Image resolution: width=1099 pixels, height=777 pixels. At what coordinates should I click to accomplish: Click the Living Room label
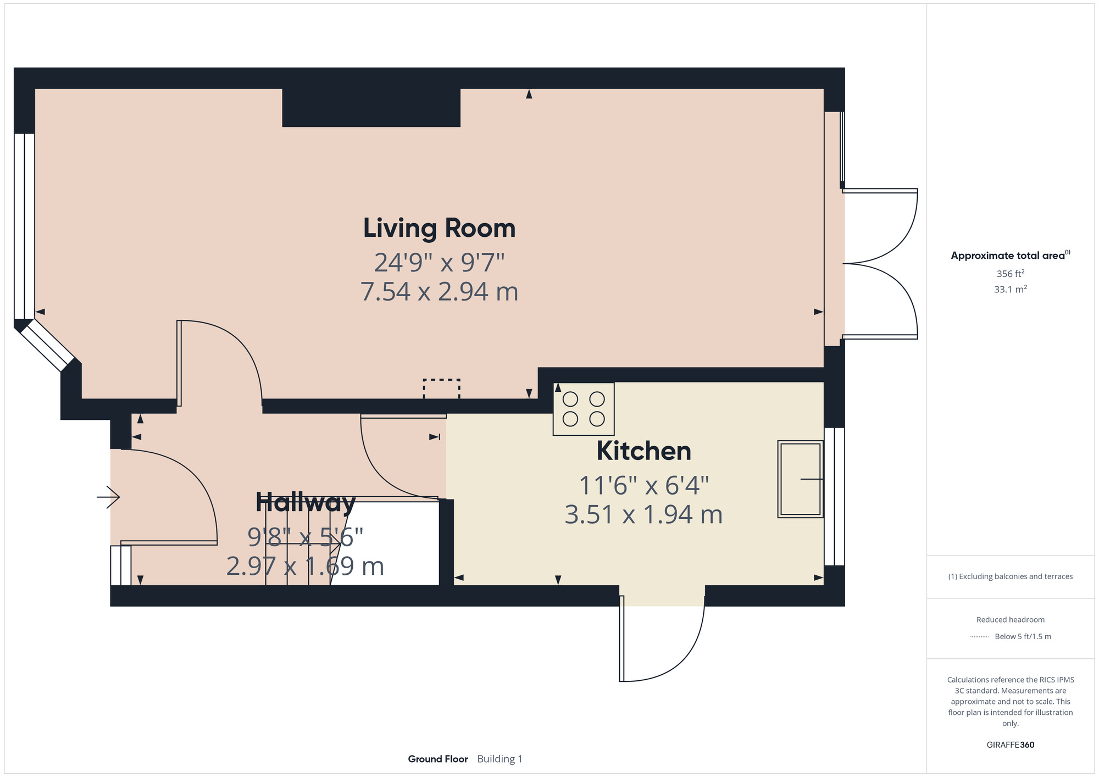[439, 228]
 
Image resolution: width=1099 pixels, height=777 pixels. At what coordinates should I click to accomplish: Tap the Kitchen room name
[643, 451]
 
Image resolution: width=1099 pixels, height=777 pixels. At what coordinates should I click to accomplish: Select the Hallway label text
[306, 502]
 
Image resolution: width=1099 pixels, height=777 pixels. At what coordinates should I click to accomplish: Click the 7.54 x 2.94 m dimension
[439, 291]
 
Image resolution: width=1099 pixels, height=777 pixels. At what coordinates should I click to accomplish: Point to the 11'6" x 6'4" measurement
[643, 485]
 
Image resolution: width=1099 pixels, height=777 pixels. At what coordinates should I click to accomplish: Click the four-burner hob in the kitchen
[584, 409]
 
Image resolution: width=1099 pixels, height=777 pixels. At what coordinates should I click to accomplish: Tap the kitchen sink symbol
[801, 479]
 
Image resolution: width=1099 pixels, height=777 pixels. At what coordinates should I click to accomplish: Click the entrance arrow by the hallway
[108, 497]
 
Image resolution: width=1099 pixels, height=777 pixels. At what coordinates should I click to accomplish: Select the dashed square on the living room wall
[441, 389]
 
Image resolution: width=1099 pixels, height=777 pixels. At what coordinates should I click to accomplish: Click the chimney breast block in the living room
[371, 108]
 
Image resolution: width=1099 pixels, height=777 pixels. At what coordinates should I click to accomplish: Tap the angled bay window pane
[47, 346]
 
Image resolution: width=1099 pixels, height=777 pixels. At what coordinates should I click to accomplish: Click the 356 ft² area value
[1010, 274]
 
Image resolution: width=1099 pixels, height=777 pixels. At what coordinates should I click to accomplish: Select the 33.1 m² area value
[1010, 289]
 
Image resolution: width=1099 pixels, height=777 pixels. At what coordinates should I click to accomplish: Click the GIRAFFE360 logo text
[1010, 745]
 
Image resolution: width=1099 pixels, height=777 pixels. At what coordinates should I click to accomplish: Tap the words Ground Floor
[437, 759]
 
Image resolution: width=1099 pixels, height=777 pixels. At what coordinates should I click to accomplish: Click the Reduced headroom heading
[1010, 619]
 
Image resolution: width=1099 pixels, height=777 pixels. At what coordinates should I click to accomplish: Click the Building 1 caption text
[499, 759]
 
